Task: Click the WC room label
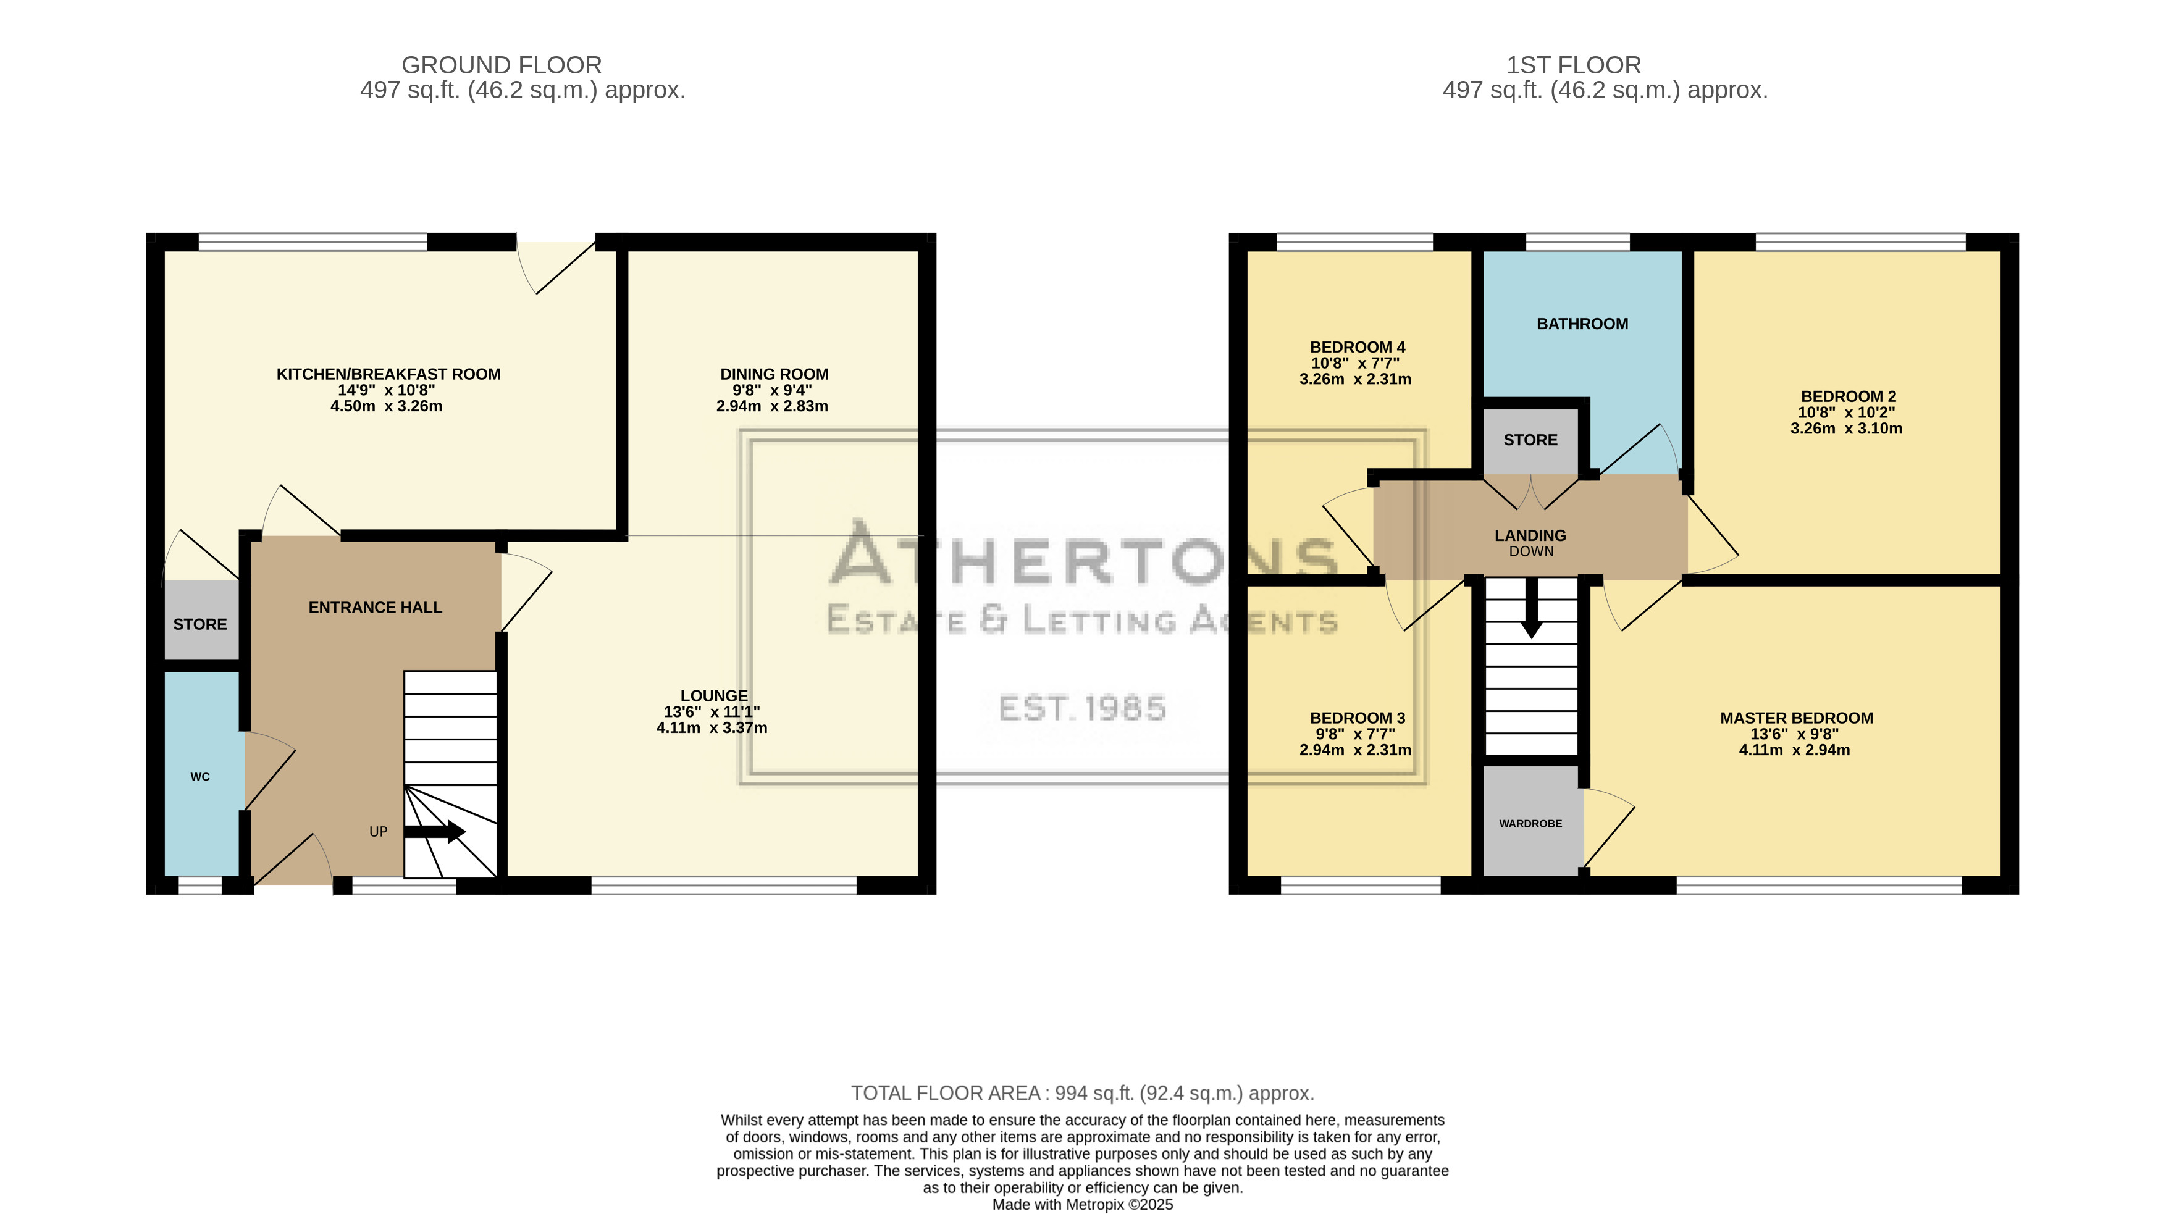[200, 777]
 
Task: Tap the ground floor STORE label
[200, 624]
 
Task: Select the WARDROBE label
[1530, 824]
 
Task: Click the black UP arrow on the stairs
[435, 832]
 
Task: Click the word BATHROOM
[1582, 324]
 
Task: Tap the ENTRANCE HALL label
[375, 607]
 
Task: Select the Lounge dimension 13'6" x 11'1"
[712, 712]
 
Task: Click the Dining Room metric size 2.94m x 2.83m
[772, 406]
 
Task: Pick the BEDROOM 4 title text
[1357, 347]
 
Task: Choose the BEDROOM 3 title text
[1357, 718]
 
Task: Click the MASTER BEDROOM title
[1796, 718]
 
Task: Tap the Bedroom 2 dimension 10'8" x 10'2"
[1847, 412]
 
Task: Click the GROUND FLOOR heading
[502, 65]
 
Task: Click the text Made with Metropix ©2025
[1083, 1205]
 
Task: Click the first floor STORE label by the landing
[1530, 440]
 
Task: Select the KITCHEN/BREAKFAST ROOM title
[388, 374]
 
